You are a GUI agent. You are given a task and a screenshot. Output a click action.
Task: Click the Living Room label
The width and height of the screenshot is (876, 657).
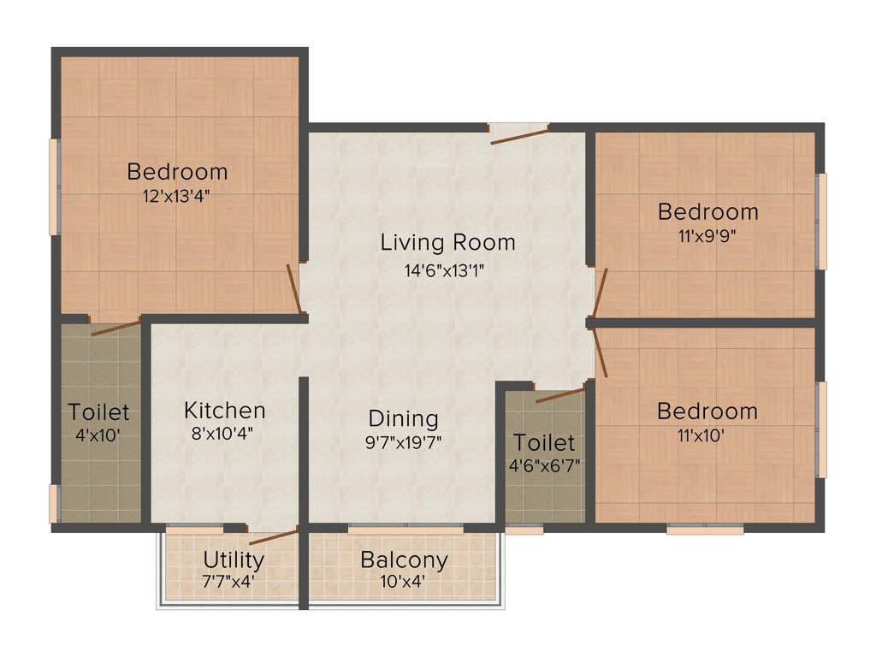tap(447, 242)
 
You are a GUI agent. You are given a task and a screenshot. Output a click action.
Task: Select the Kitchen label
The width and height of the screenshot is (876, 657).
tap(224, 411)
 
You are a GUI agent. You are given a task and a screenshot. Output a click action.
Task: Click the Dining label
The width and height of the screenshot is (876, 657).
tap(403, 419)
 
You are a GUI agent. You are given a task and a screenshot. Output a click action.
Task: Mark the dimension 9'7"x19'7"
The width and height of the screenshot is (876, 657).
tap(403, 442)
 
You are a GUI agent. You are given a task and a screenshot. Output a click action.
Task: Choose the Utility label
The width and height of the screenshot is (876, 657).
tap(234, 560)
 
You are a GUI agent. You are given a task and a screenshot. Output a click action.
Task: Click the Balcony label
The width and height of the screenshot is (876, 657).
tap(404, 560)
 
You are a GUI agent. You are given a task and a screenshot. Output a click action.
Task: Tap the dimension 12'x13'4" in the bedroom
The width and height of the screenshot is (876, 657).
tap(177, 195)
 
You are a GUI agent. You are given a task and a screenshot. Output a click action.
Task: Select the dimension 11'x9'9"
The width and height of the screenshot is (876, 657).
tap(707, 235)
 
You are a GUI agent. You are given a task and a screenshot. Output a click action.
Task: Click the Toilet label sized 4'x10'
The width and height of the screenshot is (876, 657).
tap(99, 412)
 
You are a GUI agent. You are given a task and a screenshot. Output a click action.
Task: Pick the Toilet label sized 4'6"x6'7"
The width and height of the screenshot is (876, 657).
tap(544, 442)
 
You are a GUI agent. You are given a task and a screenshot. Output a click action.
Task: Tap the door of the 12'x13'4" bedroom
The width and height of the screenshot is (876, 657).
tap(293, 288)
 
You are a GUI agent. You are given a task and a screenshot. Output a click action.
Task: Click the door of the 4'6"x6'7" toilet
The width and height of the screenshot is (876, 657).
tap(560, 394)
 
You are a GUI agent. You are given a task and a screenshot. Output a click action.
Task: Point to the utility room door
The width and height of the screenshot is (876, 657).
tap(273, 537)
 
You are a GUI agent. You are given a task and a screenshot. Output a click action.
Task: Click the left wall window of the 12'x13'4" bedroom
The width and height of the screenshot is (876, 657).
tap(54, 186)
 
